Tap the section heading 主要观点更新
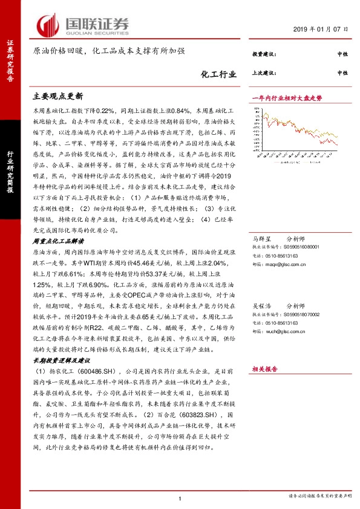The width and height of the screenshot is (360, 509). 58,96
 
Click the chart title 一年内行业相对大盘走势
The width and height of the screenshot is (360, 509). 287,97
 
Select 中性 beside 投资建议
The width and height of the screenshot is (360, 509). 342,54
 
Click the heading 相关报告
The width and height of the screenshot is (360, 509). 264,368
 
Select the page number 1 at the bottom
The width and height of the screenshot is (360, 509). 180,498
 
